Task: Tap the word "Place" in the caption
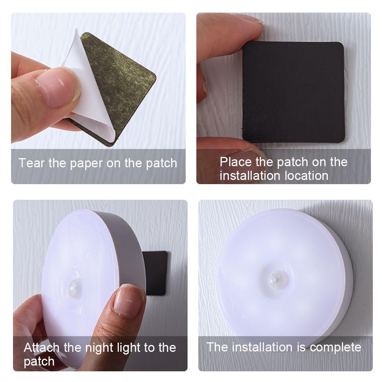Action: pyautogui.click(x=236, y=162)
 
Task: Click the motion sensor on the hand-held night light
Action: pyautogui.click(x=75, y=288)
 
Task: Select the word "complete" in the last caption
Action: pyautogui.click(x=335, y=347)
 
